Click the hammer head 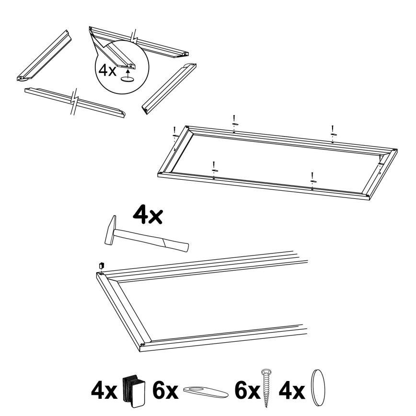(110, 230)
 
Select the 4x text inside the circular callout (107, 70)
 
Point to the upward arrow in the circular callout (128, 72)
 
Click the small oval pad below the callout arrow (127, 79)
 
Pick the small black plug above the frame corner (101, 266)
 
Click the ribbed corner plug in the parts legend (134, 391)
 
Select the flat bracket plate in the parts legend (206, 392)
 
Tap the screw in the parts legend (266, 387)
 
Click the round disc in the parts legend (318, 388)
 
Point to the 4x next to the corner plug (104, 391)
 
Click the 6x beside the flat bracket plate (165, 391)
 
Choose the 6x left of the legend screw (247, 391)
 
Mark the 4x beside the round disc (291, 391)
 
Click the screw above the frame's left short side (174, 130)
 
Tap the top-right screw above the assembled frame (332, 128)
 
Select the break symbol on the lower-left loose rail (75, 101)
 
